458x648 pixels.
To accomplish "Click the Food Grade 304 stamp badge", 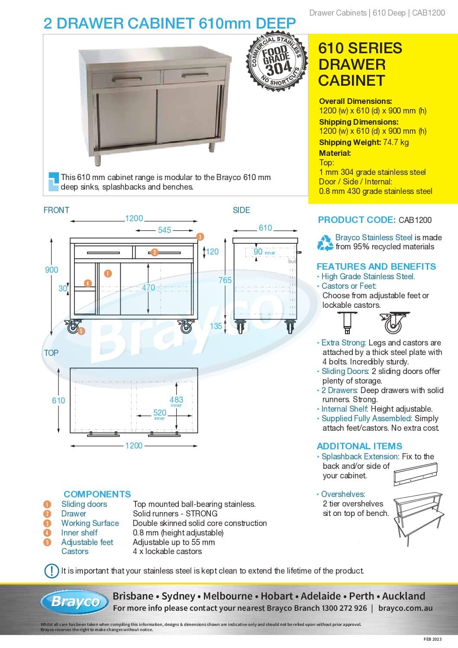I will tap(276, 61).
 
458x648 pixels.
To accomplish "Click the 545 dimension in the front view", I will tap(164, 230).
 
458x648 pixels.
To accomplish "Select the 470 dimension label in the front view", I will tap(148, 287).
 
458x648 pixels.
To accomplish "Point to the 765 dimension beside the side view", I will tap(225, 280).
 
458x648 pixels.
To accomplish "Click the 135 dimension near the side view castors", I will tap(216, 326).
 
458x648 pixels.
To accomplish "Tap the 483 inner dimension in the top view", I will tap(176, 400).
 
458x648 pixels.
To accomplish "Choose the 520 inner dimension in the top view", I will tap(160, 413).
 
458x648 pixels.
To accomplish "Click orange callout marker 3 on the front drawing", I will tap(200, 237).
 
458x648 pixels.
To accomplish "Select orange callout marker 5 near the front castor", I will tap(81, 331).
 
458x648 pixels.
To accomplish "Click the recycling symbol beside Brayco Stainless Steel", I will tap(325, 242).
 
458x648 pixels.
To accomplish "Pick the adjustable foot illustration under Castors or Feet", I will tap(347, 323).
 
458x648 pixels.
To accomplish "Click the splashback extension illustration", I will tap(416, 474).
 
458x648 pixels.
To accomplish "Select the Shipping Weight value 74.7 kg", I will tap(396, 142).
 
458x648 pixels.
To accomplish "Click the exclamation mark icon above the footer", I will tap(52, 571).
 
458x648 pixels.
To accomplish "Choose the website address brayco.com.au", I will tap(405, 608).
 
